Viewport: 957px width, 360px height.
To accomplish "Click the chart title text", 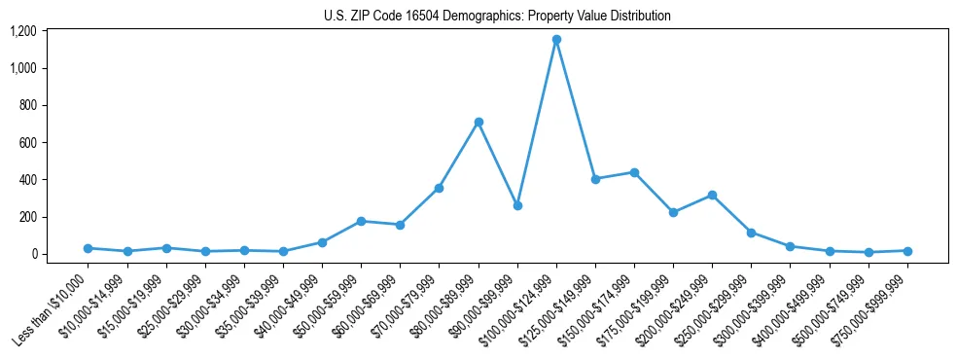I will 497,17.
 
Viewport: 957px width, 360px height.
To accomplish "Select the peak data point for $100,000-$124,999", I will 556,40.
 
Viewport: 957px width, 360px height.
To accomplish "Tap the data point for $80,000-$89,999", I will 478,122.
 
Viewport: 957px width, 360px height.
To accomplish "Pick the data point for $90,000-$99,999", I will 517,205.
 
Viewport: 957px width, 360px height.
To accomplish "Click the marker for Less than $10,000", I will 88,248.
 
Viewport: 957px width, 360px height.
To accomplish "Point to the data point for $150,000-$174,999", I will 634,172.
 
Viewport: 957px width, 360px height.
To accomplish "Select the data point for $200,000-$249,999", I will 712,195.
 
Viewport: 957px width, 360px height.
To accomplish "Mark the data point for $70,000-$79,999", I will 439,188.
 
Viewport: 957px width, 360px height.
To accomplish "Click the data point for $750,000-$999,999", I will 907,251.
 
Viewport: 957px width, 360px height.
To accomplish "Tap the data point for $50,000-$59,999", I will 361,221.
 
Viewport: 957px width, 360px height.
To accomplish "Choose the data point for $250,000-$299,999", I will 751,233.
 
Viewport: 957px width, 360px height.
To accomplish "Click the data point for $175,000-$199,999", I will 673,212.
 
